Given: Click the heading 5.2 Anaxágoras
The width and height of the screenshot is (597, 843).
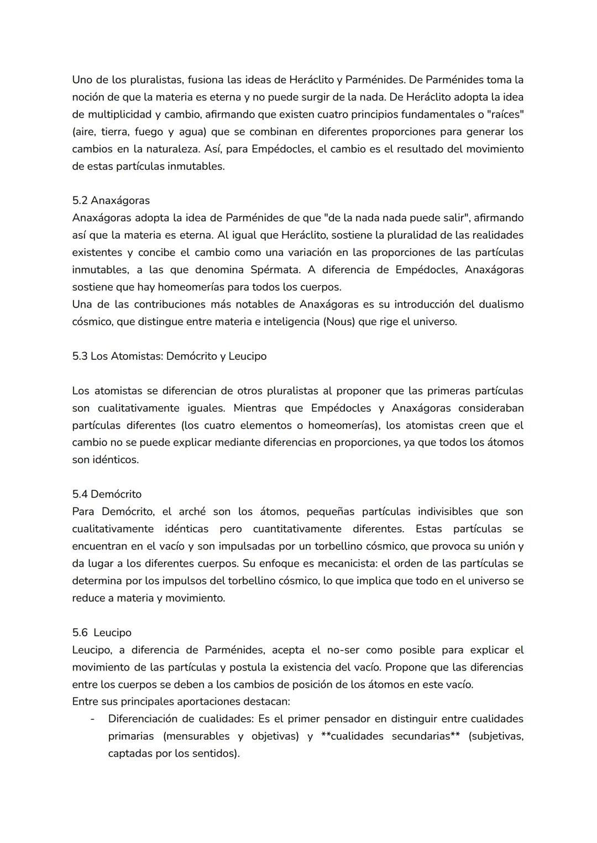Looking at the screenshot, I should [111, 200].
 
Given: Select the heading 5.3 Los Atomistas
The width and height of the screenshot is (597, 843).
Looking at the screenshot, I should [169, 356].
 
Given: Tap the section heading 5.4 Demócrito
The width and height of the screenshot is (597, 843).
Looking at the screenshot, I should [107, 494].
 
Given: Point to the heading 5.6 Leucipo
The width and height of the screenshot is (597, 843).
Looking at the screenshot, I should [102, 632].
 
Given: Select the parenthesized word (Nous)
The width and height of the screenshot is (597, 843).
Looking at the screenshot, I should [338, 321].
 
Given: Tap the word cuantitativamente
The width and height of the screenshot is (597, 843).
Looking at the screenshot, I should [297, 528].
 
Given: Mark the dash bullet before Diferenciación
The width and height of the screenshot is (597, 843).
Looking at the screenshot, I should [92, 719].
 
